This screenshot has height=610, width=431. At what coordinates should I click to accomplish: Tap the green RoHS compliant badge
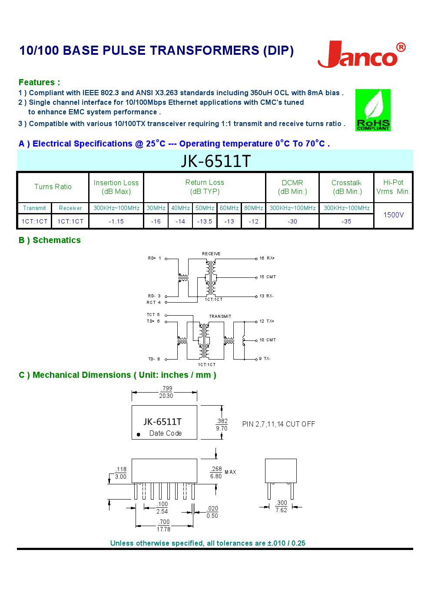[373, 110]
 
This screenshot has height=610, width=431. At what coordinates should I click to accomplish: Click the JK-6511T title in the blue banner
[215, 161]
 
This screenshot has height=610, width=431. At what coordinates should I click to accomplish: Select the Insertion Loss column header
[116, 187]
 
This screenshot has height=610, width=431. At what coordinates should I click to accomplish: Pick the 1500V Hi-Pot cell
[393, 215]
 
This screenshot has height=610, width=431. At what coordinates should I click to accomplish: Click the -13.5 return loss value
[205, 221]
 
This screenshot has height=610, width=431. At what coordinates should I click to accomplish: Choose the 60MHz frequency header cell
[229, 208]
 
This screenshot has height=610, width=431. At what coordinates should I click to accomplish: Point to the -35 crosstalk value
[346, 221]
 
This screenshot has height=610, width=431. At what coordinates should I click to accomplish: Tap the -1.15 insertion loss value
[116, 221]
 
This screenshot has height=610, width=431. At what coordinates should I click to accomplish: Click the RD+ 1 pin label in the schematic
[154, 258]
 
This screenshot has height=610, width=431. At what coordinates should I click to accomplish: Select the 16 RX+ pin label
[267, 258]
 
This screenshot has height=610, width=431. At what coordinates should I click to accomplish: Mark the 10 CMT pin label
[267, 340]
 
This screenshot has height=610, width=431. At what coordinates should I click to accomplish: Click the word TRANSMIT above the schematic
[220, 317]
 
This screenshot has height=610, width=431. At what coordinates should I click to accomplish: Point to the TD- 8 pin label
[154, 359]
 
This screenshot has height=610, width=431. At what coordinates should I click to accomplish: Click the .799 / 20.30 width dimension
[166, 392]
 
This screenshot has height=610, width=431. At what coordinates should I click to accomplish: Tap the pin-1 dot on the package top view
[138, 434]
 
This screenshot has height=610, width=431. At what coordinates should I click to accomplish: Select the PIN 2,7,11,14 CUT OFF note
[278, 424]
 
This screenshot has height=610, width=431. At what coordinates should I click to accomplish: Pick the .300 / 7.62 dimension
[281, 507]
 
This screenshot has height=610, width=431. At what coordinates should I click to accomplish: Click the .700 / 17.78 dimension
[164, 526]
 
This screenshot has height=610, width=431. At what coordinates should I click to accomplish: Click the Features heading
[39, 82]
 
